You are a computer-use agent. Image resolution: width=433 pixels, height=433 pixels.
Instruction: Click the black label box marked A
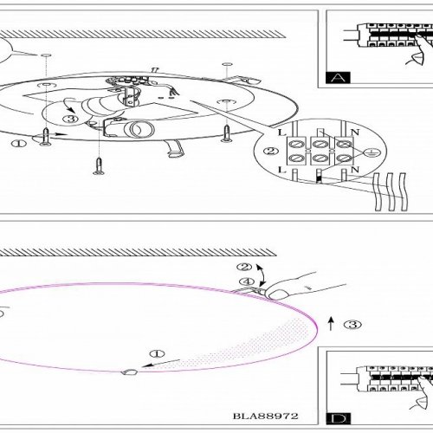click(338, 77)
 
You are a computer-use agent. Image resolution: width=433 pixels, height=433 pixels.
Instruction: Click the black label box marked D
click(339, 419)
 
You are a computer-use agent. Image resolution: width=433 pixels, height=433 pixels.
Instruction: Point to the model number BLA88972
click(266, 416)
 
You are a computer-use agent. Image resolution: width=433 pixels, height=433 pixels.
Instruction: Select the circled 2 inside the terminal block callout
click(271, 151)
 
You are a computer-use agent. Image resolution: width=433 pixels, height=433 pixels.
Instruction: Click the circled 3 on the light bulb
click(71, 119)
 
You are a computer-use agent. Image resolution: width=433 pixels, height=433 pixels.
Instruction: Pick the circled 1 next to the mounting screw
click(19, 143)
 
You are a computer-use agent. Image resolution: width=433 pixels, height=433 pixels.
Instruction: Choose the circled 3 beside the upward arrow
click(352, 325)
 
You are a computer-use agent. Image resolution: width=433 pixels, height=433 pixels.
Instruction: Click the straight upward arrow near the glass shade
click(331, 324)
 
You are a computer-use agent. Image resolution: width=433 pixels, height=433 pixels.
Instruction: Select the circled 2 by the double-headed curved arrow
click(244, 267)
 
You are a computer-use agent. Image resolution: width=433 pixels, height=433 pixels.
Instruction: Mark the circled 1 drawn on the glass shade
click(157, 353)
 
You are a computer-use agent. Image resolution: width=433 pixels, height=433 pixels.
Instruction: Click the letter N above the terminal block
click(355, 132)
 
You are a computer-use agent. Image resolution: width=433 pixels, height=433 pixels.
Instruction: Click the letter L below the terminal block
click(281, 171)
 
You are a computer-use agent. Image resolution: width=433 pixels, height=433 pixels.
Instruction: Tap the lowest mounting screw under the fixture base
click(99, 166)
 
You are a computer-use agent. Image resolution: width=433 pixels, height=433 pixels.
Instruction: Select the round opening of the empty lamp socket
click(135, 129)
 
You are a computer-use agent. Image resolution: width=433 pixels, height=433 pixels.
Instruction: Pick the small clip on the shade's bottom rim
click(129, 372)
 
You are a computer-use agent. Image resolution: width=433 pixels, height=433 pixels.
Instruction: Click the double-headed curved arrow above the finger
click(262, 275)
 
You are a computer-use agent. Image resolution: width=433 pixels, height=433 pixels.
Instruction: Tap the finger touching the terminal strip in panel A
click(422, 49)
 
